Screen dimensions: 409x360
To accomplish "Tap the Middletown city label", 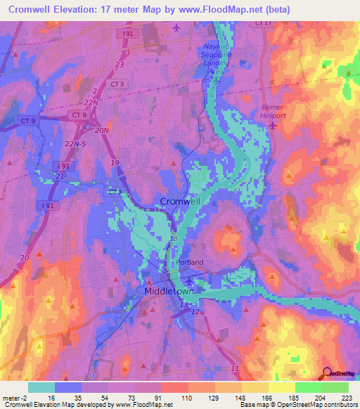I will tap(169, 290).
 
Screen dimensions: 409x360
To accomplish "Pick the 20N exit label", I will tap(103, 131).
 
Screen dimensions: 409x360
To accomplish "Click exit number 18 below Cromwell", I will tap(174, 239).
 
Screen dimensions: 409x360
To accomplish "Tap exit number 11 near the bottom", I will tap(235, 368).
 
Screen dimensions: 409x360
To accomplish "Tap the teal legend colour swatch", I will tap(41, 387).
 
